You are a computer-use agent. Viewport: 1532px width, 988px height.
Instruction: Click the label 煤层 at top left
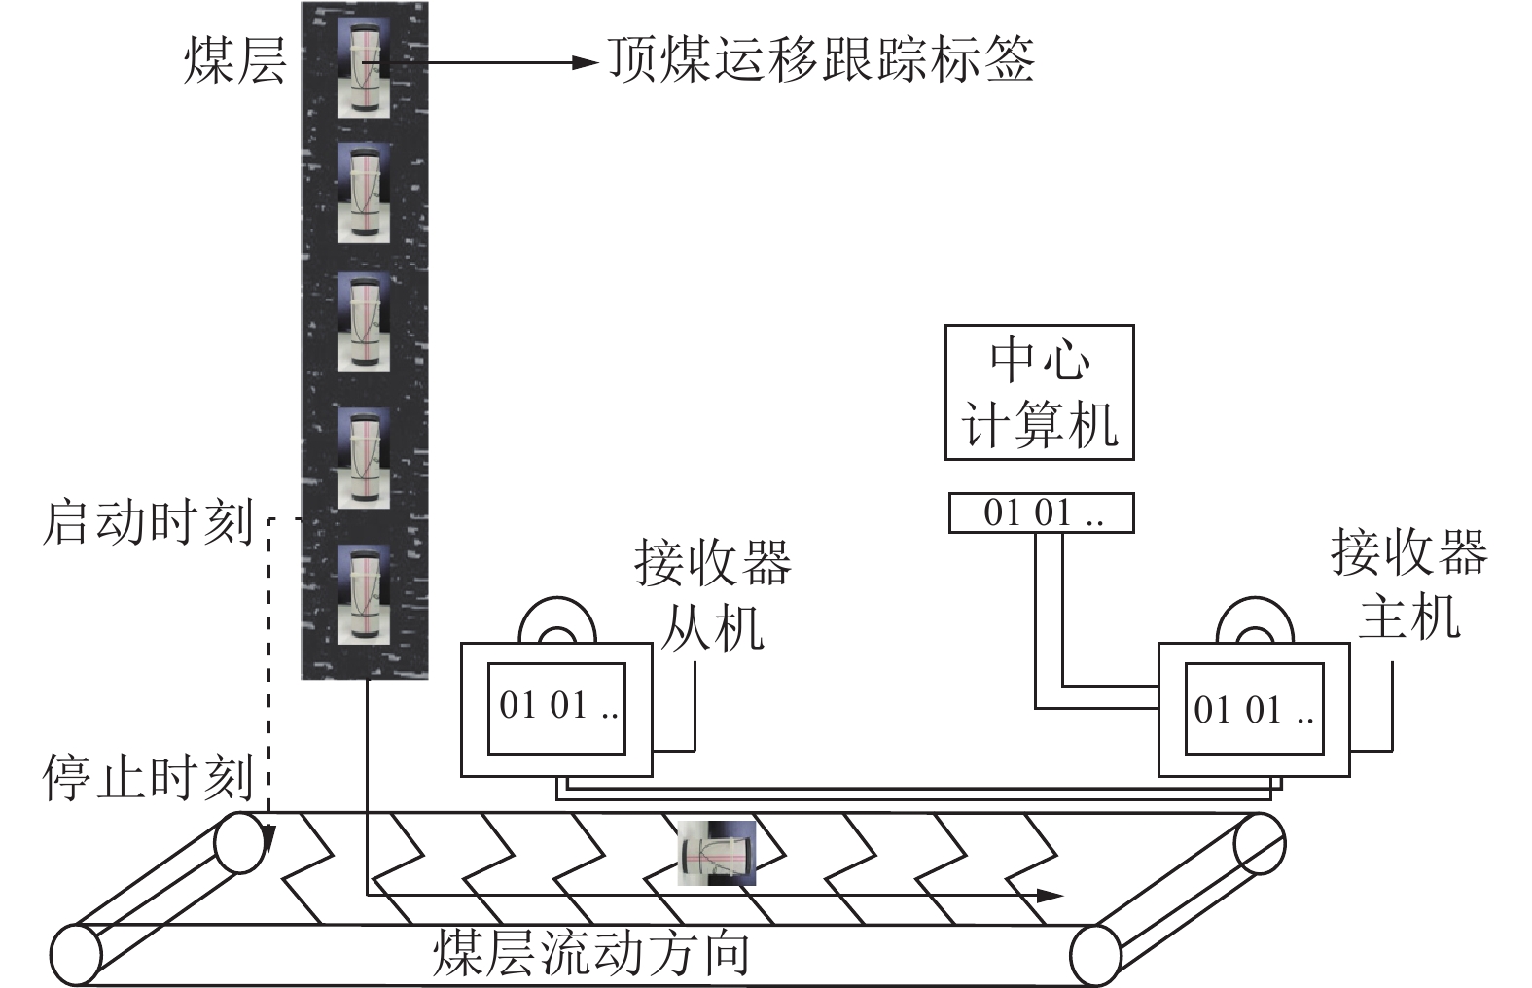pyautogui.click(x=235, y=60)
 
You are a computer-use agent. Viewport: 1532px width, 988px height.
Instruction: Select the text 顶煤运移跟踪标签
pyautogui.click(x=821, y=59)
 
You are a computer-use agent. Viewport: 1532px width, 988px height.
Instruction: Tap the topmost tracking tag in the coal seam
pyautogui.click(x=364, y=67)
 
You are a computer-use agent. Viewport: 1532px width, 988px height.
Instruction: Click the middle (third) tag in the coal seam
pyautogui.click(x=364, y=321)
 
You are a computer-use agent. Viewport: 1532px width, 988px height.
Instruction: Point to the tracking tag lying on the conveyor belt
pyautogui.click(x=717, y=853)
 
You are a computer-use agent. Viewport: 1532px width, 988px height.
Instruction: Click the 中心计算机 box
pyautogui.click(x=1039, y=392)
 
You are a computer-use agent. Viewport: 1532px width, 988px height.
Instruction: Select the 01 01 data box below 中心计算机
pyautogui.click(x=1041, y=512)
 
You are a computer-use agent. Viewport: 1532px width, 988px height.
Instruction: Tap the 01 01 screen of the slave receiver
pyautogui.click(x=555, y=708)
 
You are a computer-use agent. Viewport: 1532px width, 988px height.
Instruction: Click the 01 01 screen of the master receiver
pyautogui.click(x=1253, y=710)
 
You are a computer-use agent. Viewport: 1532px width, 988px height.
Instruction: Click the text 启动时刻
pyautogui.click(x=148, y=523)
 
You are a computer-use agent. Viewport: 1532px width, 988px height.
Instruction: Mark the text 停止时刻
pyautogui.click(x=148, y=778)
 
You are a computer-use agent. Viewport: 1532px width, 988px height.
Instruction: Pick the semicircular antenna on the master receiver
pyautogui.click(x=1256, y=623)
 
